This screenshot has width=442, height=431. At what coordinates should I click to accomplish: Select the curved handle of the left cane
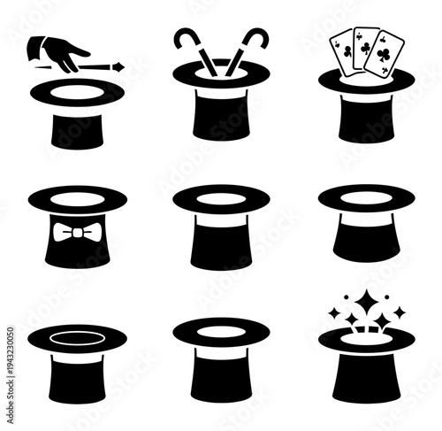coord(185,36)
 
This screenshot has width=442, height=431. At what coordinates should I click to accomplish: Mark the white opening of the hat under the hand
coord(76,89)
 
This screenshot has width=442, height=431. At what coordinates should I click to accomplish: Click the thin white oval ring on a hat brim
coord(76,337)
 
